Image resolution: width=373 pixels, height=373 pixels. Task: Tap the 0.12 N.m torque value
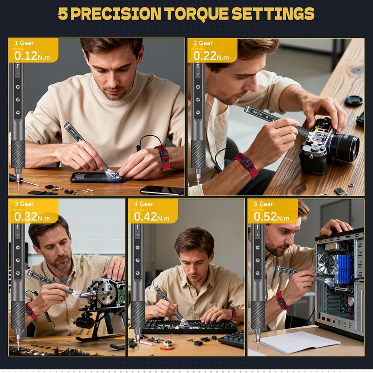(x=28, y=55)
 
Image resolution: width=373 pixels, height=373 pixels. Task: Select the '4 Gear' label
(x=143, y=204)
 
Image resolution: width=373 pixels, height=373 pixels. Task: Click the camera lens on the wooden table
(x=344, y=147)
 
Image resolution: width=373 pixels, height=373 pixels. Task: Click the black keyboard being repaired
(x=189, y=326)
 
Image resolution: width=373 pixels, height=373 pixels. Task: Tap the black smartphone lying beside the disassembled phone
(x=162, y=190)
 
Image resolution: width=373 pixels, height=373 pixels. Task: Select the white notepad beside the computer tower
(x=299, y=342)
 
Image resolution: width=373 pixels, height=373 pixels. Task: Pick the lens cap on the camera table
(x=353, y=100)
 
